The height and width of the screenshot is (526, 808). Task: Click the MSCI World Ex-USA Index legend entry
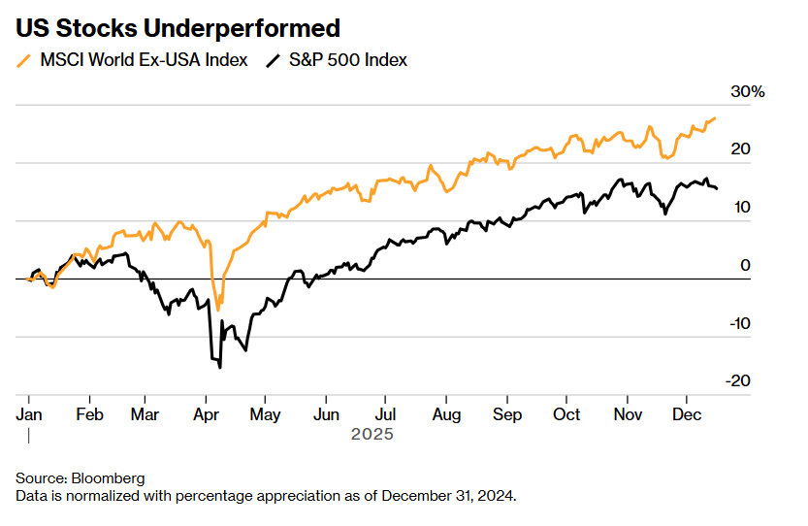click(x=144, y=60)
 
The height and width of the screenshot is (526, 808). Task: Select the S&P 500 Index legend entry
click(x=348, y=60)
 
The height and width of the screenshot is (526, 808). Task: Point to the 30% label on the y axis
click(x=748, y=92)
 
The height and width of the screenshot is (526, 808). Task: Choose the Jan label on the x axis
click(x=29, y=414)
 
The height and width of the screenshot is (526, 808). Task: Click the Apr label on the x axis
click(x=206, y=414)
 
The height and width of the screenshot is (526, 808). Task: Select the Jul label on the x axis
click(x=385, y=414)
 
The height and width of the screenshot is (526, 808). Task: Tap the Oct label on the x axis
click(x=566, y=414)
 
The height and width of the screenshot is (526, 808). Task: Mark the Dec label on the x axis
click(x=687, y=414)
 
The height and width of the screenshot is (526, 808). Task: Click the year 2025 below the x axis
click(x=372, y=435)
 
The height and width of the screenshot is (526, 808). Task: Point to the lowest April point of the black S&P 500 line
click(x=220, y=367)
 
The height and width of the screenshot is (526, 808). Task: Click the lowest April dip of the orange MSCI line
click(x=217, y=309)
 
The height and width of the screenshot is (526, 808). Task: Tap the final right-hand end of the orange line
click(x=715, y=118)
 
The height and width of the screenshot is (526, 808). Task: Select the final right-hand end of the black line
click(x=717, y=188)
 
